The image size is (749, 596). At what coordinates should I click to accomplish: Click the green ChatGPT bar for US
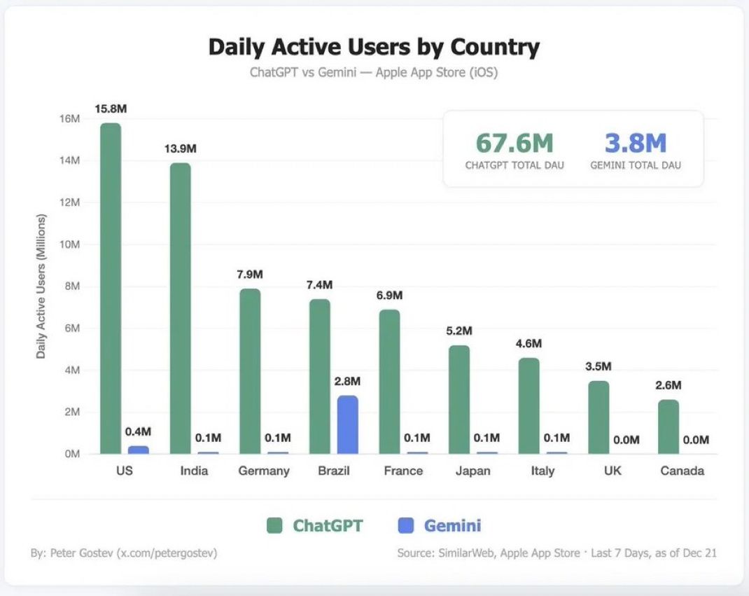[x=111, y=289]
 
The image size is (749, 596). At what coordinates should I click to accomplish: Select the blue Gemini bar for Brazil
[x=347, y=424]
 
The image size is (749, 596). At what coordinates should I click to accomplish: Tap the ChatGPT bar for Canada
[x=668, y=427]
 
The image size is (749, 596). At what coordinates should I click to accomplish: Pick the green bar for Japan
[x=459, y=400]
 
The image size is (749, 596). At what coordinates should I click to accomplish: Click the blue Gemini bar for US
[x=138, y=450]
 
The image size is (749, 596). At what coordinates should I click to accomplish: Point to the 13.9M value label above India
[x=180, y=148]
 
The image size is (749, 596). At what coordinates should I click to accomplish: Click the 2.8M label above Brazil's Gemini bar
[x=347, y=382]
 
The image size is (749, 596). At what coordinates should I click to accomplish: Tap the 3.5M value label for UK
[x=598, y=366]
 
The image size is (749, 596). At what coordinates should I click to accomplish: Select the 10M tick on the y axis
[x=69, y=244]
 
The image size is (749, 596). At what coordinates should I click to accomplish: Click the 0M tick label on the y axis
[x=72, y=454]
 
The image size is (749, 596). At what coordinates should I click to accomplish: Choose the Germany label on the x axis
[x=264, y=471]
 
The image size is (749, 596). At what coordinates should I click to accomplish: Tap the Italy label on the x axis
[x=542, y=471]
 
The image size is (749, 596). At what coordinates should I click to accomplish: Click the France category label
[x=403, y=471]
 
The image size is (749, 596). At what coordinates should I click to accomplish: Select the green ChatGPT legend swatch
[x=274, y=525]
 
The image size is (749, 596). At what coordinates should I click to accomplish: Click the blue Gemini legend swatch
[x=405, y=525]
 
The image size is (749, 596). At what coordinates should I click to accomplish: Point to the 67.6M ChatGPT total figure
[x=514, y=143]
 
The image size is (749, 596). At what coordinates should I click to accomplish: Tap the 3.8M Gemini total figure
[x=636, y=143]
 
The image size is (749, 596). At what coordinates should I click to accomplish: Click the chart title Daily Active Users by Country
[x=374, y=48]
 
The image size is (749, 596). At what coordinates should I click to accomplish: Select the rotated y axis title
[x=41, y=286]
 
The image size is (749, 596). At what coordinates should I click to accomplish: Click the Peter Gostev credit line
[x=124, y=553]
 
